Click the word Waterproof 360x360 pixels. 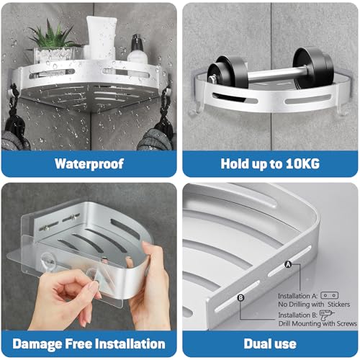pyautogui.click(x=89, y=163)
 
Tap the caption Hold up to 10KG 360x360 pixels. pyautogui.click(x=271, y=163)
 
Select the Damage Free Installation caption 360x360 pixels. pyautogui.click(x=89, y=343)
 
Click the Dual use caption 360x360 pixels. pyautogui.click(x=271, y=343)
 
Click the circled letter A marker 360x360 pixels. pyautogui.click(x=289, y=264)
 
